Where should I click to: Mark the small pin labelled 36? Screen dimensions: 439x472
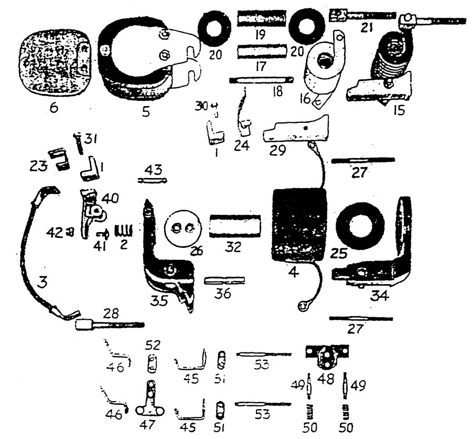point(223,280)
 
